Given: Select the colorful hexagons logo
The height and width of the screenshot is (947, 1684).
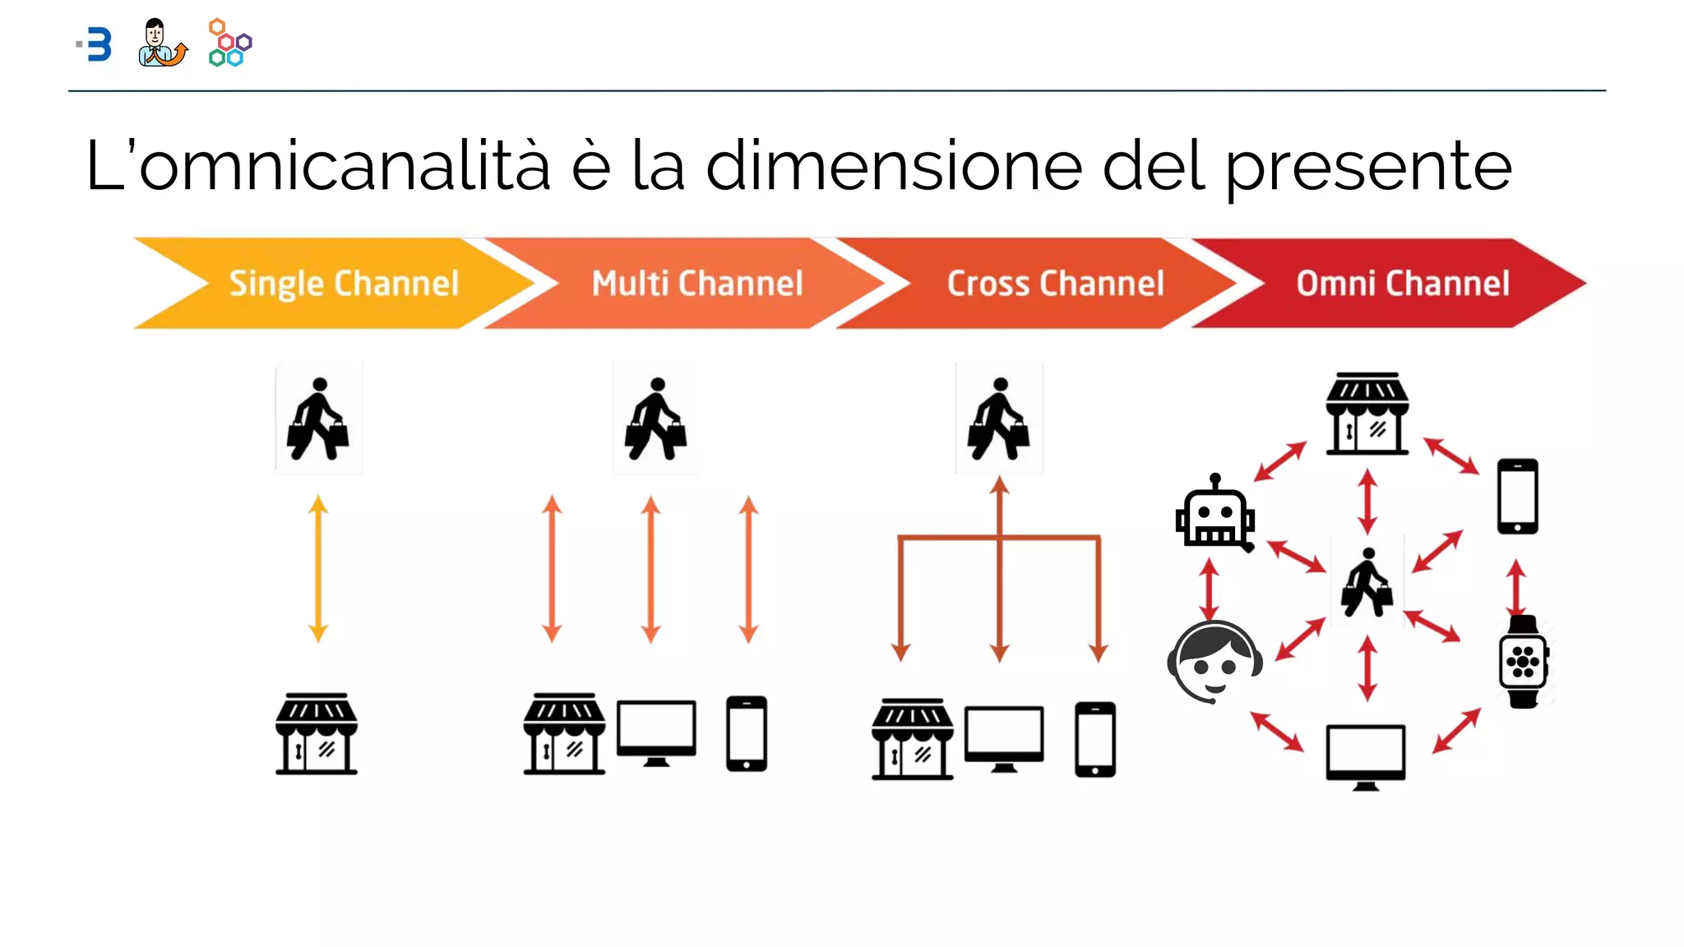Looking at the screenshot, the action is [230, 43].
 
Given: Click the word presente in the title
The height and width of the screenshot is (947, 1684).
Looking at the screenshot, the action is [1368, 167].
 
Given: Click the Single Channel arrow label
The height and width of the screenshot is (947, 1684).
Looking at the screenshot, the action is [344, 284].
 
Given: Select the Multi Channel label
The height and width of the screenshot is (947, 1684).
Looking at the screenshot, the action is [697, 284].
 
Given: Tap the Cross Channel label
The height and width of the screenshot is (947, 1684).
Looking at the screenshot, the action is [1055, 284].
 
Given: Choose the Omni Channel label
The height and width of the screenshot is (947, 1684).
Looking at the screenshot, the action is [1403, 284].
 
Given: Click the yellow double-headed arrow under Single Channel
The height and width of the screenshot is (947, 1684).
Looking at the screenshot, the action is [318, 569].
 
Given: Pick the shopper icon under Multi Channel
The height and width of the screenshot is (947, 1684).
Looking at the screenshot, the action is [655, 419].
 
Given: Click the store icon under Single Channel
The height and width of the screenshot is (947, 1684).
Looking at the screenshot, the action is [317, 733].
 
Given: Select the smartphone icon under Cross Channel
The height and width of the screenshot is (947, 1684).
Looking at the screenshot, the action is [1095, 739].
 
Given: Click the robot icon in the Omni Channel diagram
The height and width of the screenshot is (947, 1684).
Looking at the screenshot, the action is [1214, 513].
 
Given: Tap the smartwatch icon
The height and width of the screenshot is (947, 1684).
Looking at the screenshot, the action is [1523, 661].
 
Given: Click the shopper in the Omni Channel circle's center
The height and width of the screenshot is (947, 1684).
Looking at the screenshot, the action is [1367, 583].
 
